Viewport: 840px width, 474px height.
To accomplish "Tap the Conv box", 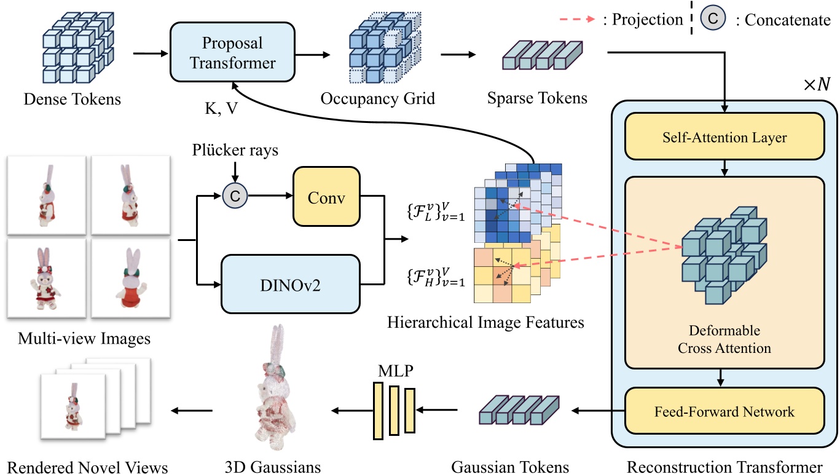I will click(x=326, y=197).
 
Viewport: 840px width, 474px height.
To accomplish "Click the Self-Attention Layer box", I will click(x=724, y=138).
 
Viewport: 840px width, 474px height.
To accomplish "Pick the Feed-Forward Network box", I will click(x=724, y=411).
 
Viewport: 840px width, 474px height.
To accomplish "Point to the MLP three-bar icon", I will click(x=394, y=410).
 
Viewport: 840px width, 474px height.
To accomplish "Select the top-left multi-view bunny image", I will click(x=47, y=195).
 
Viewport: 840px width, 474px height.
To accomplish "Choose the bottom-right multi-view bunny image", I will click(x=130, y=277).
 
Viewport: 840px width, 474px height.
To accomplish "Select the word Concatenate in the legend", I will click(x=788, y=20).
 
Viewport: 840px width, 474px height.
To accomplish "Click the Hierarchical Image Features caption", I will click(x=485, y=322).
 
